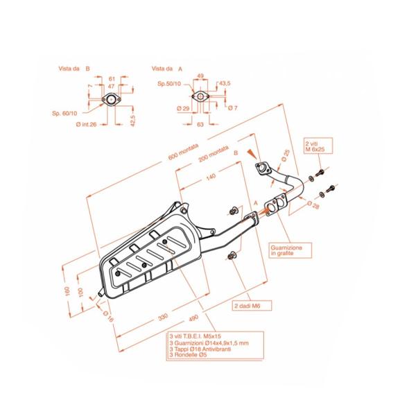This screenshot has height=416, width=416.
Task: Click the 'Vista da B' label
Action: [74, 69]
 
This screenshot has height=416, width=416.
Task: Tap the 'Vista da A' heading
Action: [166, 69]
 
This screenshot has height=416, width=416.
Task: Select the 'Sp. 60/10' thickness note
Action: [66, 112]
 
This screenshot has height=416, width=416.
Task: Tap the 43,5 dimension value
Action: [225, 83]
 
